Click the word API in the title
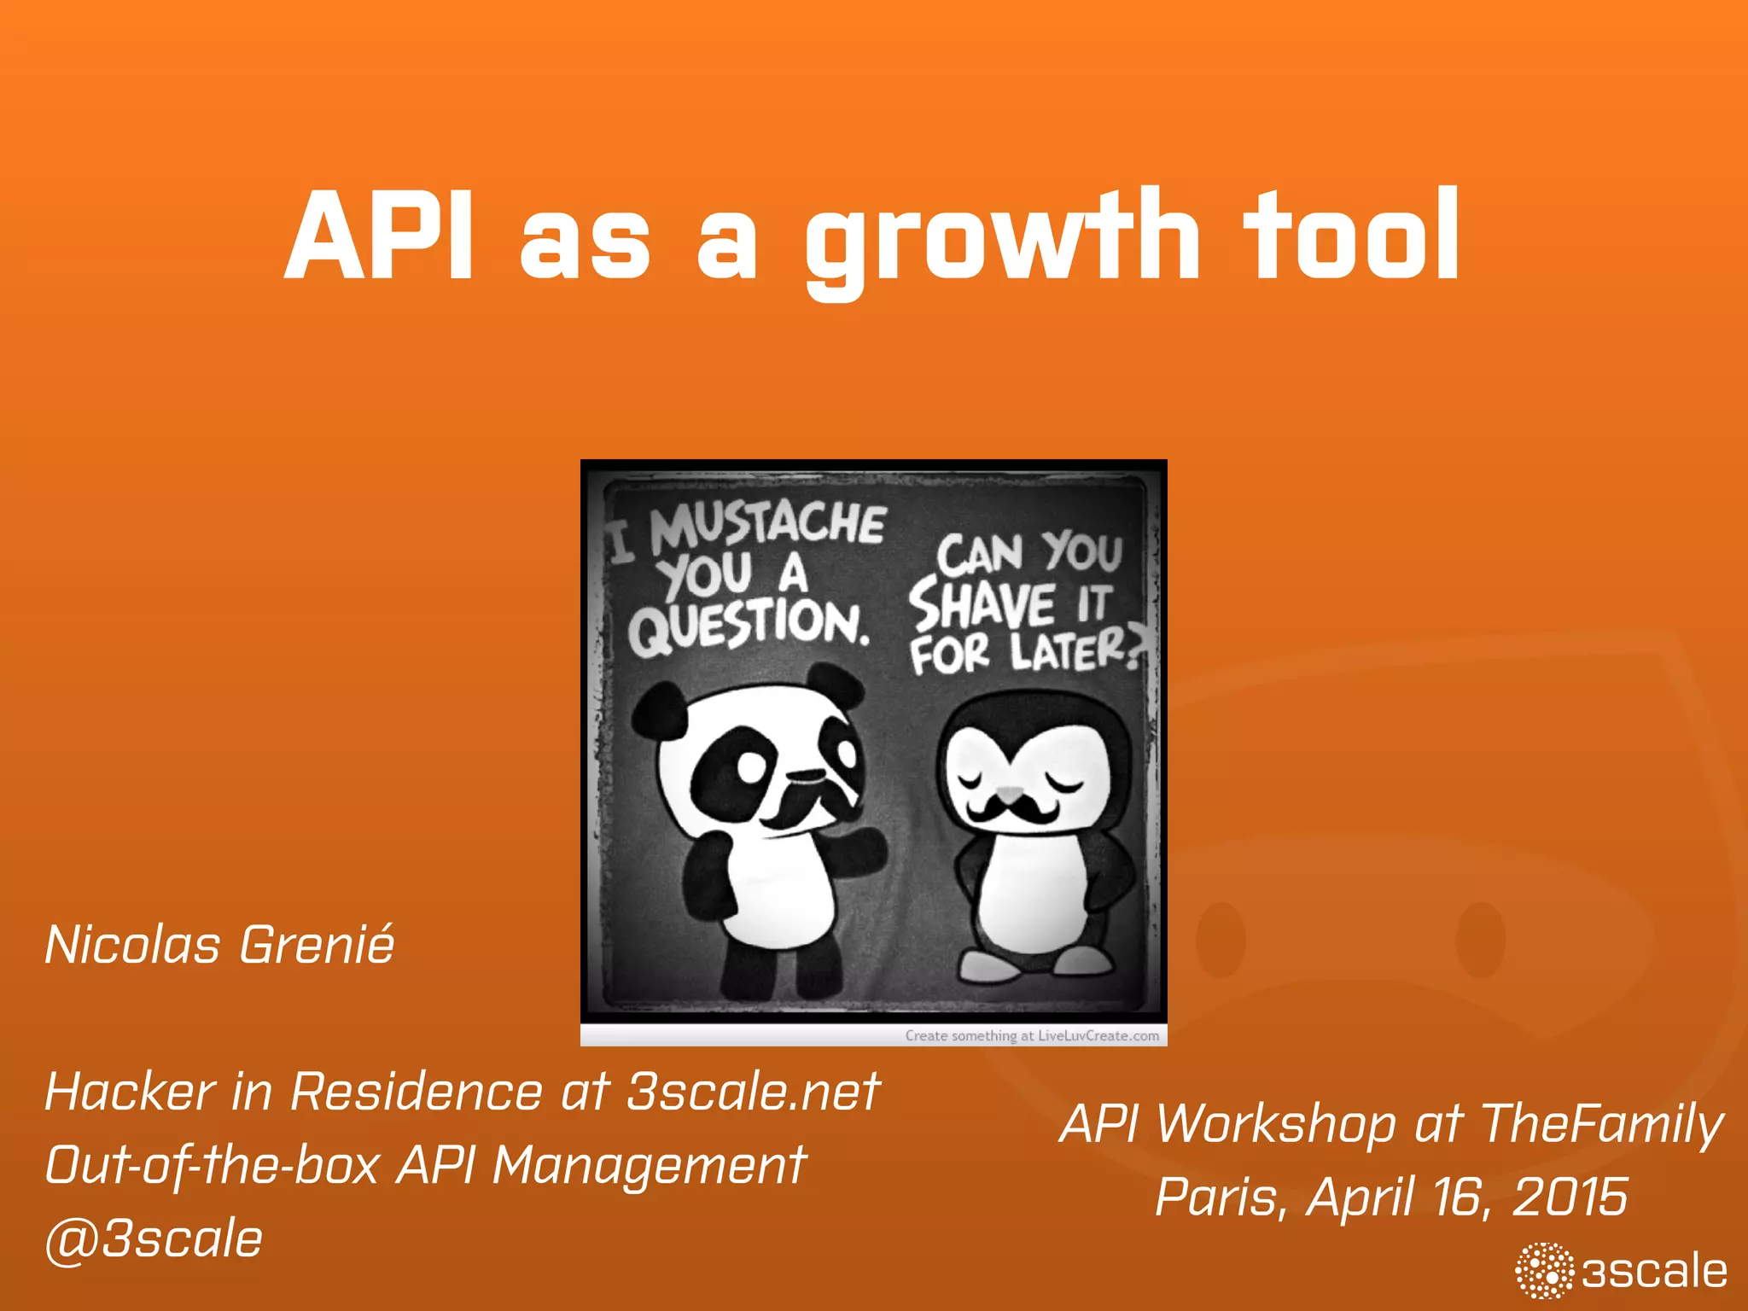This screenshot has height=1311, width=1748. coord(379,237)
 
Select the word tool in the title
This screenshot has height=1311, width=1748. coord(1352,236)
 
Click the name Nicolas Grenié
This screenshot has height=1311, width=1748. coord(219,946)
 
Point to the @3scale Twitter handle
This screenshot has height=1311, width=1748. coord(154,1239)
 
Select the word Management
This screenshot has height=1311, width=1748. coord(649,1166)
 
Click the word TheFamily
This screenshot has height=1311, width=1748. coord(1601,1124)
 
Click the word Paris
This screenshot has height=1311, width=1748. coord(1221,1197)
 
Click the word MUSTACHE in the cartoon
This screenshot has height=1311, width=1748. coord(768,524)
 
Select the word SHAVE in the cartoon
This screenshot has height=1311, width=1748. coord(982,604)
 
